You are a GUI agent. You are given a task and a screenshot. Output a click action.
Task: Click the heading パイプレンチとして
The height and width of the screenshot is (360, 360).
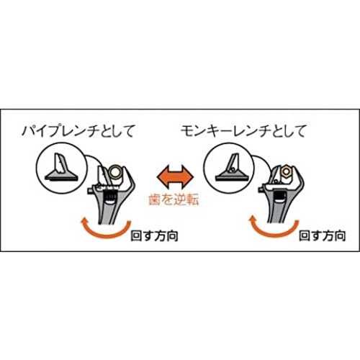pos(78,131)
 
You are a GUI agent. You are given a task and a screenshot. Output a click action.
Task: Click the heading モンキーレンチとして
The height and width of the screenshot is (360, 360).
pos(243,131)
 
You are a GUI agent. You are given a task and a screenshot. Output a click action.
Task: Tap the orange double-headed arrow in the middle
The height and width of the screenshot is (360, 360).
pos(175,177)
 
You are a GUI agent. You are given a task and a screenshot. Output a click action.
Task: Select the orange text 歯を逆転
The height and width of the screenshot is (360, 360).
pos(174,200)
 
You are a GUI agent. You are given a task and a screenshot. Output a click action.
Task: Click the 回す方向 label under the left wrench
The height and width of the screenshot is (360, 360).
pos(155,235)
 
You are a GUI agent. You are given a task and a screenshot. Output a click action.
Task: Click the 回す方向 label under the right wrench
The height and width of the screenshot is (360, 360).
pos(323,235)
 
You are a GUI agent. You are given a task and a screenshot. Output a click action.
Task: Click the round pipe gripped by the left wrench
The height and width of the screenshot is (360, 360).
pos(115,173)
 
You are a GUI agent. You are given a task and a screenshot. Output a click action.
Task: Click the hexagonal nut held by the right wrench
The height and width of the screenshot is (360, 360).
pos(285,172)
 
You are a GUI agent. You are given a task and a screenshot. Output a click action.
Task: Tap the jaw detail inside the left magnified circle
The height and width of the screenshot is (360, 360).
pos(62,168)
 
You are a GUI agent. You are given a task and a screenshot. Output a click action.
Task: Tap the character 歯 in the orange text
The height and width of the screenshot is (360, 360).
pos(155,200)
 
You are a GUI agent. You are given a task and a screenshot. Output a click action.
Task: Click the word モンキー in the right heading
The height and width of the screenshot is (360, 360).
pos(207,131)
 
